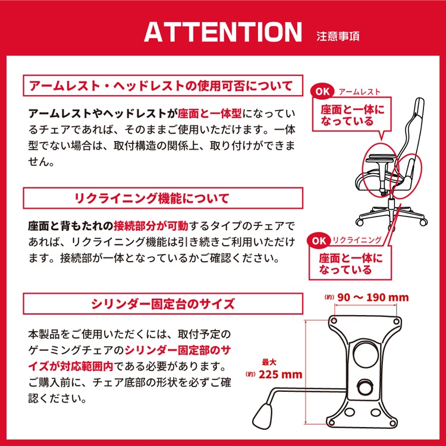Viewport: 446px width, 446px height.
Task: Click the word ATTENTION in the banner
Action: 223,32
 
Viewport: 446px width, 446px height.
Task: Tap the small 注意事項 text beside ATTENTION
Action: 338,36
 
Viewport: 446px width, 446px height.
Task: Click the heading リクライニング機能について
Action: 152,198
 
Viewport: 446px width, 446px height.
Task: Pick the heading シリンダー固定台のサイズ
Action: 163,304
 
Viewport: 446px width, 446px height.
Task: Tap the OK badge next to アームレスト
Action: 323,92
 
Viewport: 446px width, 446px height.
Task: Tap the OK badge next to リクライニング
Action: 319,241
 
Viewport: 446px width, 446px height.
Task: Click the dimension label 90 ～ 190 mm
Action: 373,297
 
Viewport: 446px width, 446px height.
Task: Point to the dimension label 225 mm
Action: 280,374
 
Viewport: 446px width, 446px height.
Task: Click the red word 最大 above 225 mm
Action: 269,362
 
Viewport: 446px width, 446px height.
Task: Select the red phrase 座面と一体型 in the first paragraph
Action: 210,114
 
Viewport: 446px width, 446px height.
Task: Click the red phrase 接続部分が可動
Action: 151,226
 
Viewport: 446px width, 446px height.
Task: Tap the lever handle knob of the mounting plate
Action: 262,415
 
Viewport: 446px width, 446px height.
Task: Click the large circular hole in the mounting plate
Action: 366,354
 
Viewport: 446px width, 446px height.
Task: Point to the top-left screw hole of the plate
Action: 334,321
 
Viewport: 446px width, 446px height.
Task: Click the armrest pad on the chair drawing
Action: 380,158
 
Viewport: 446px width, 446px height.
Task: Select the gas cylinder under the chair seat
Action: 392,203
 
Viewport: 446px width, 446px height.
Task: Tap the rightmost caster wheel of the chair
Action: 423,222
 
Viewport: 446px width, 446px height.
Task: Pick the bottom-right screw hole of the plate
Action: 393,423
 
